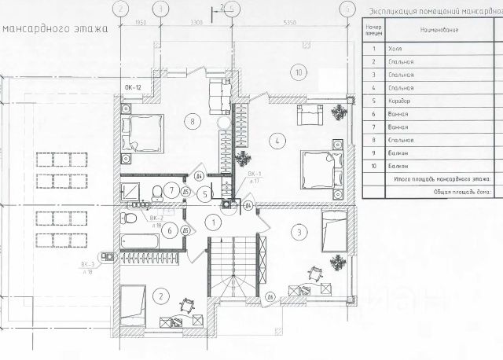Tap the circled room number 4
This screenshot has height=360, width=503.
(278, 141)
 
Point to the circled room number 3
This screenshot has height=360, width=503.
(299, 231)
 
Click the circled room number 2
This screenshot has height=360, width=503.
(160, 296)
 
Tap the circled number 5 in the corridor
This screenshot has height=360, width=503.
(204, 193)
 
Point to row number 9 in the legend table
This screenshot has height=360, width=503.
(373, 153)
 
